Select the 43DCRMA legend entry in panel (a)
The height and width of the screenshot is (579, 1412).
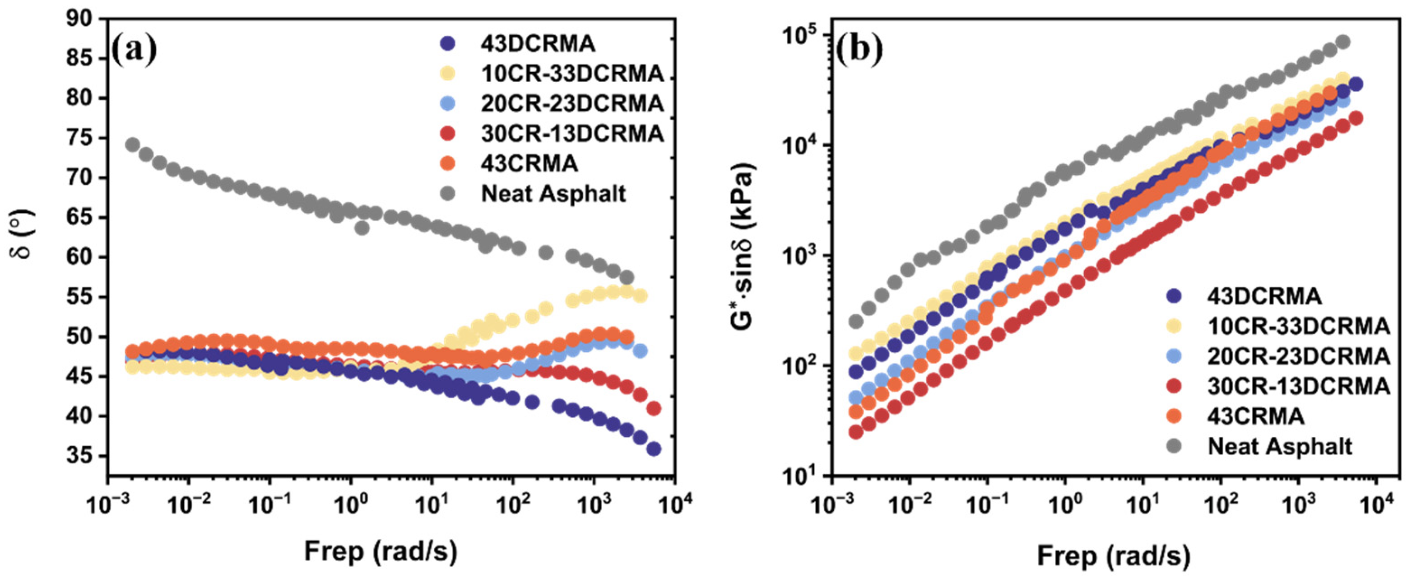click(x=538, y=43)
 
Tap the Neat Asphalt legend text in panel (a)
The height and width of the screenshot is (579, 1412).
click(x=553, y=194)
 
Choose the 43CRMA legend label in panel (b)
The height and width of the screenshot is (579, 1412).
click(x=1256, y=416)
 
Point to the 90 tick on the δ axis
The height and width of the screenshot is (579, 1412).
click(x=80, y=19)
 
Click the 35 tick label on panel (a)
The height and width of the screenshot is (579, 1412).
click(x=80, y=456)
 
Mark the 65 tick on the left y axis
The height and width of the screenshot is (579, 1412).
click(x=80, y=218)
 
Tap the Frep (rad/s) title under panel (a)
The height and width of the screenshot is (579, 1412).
click(x=381, y=552)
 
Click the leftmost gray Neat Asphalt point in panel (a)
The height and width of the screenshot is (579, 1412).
click(x=132, y=145)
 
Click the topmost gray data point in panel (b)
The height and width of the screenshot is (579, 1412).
click(x=1342, y=42)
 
